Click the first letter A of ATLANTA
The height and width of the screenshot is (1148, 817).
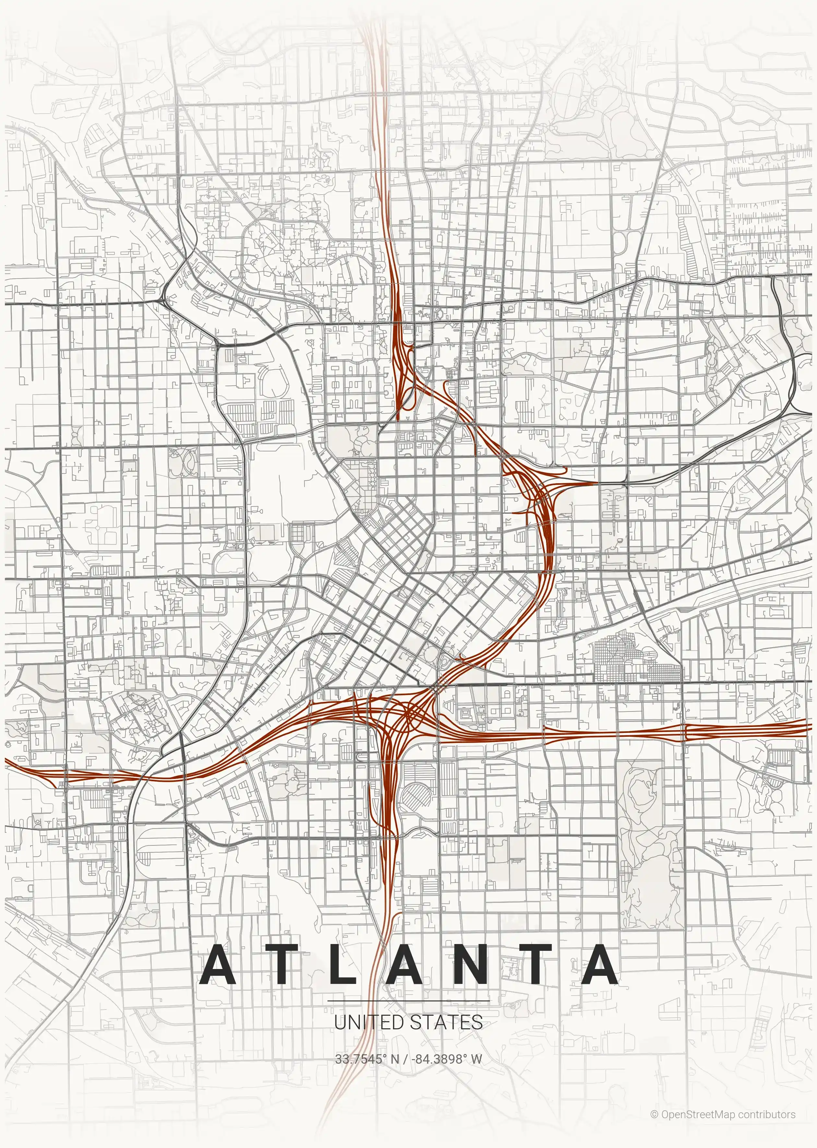point(218,964)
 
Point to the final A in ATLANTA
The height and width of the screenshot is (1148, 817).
point(600,964)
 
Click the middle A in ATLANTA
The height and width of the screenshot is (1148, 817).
point(405,964)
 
